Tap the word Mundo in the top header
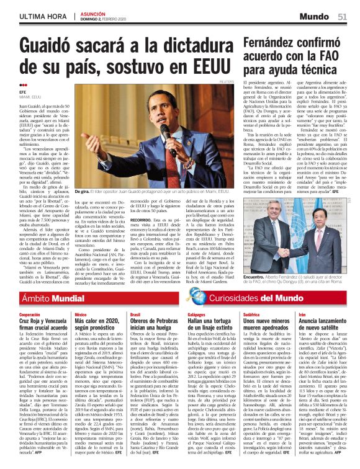point(319,15)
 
